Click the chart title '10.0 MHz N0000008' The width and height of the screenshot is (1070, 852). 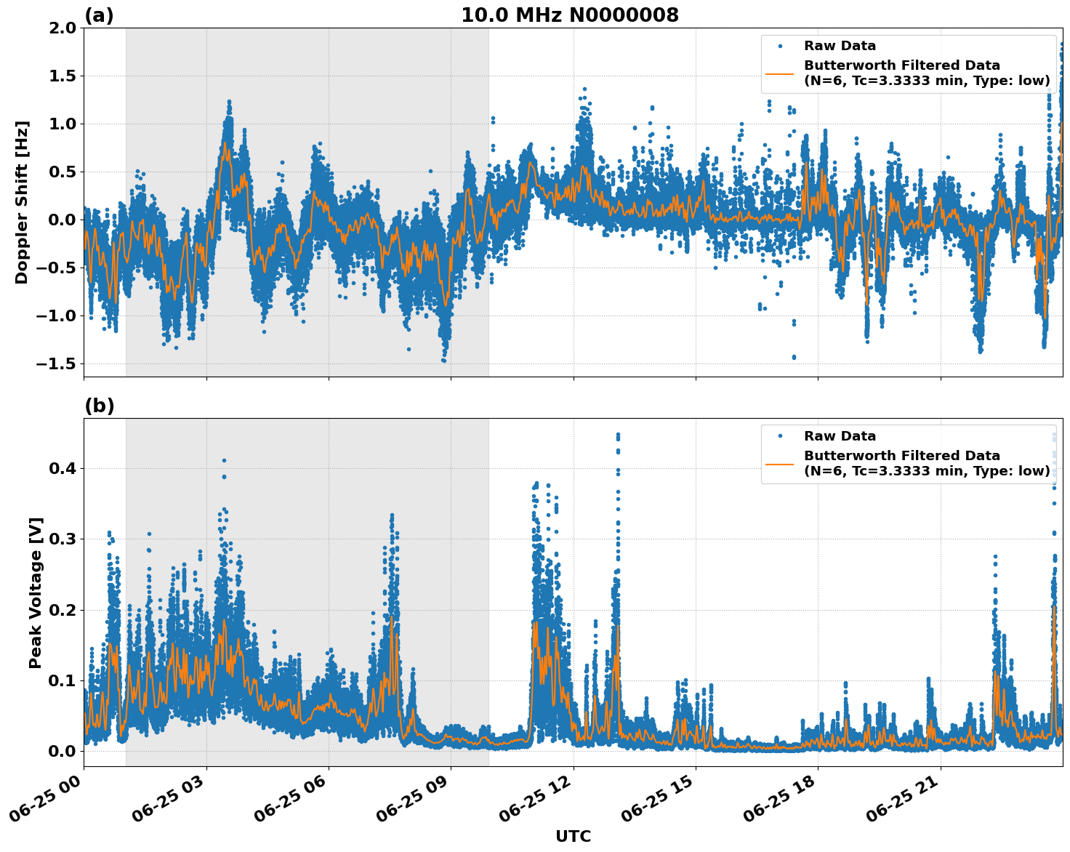pos(570,15)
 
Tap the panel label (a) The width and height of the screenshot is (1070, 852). pos(99,15)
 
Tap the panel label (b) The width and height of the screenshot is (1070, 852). pos(99,406)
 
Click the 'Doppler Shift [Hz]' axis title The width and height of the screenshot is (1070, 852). pos(22,202)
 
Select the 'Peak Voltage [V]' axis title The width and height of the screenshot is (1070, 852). pos(36,592)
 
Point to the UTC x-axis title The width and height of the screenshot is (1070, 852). pos(573,836)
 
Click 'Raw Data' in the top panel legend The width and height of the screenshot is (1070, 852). pos(840,47)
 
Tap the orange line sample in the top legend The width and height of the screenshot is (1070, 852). pos(780,73)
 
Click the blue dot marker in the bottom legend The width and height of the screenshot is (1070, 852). pos(780,436)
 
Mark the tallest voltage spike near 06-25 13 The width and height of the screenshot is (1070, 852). pos(618,435)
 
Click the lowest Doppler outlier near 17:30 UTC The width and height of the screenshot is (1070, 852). pos(794,357)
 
